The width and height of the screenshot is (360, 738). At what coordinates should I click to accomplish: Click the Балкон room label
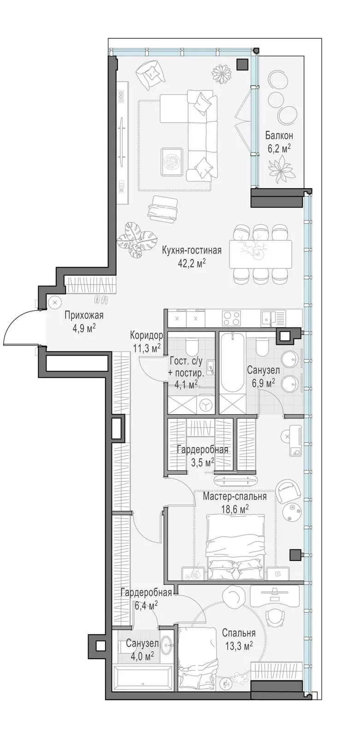click(279, 136)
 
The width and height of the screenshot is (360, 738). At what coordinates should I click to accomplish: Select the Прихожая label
click(84, 315)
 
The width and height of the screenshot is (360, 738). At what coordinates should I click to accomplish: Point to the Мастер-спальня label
click(235, 496)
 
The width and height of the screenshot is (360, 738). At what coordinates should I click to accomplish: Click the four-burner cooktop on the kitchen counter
click(231, 318)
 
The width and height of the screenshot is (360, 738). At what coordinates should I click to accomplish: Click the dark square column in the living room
click(243, 65)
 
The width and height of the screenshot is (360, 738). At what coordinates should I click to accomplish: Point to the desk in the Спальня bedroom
click(275, 594)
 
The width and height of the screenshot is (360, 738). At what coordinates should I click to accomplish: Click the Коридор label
click(147, 336)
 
